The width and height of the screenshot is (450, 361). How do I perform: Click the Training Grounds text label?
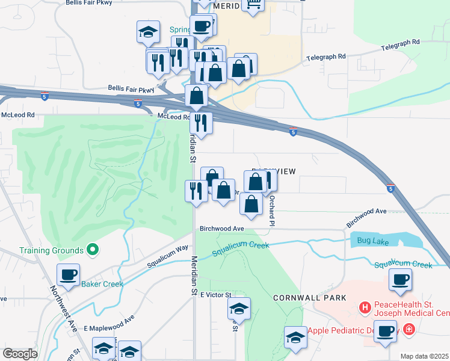[x=51, y=250]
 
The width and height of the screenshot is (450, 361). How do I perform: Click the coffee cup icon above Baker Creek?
[x=68, y=275]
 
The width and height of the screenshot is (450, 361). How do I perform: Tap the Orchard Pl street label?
[x=272, y=210]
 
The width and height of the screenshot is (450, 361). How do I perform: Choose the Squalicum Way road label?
[x=168, y=256]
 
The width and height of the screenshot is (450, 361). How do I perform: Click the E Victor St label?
[x=216, y=295]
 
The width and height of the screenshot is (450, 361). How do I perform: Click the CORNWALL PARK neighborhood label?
[x=309, y=298]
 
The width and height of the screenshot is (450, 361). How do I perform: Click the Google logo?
[x=20, y=354]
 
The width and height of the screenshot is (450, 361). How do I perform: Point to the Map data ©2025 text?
[x=424, y=356]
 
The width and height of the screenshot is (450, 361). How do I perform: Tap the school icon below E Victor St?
[x=239, y=309]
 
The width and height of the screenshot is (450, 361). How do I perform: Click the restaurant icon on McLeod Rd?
[x=201, y=123]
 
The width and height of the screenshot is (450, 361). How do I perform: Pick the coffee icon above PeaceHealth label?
[x=401, y=279]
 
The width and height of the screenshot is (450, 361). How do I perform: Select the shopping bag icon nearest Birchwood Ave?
[x=251, y=204]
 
